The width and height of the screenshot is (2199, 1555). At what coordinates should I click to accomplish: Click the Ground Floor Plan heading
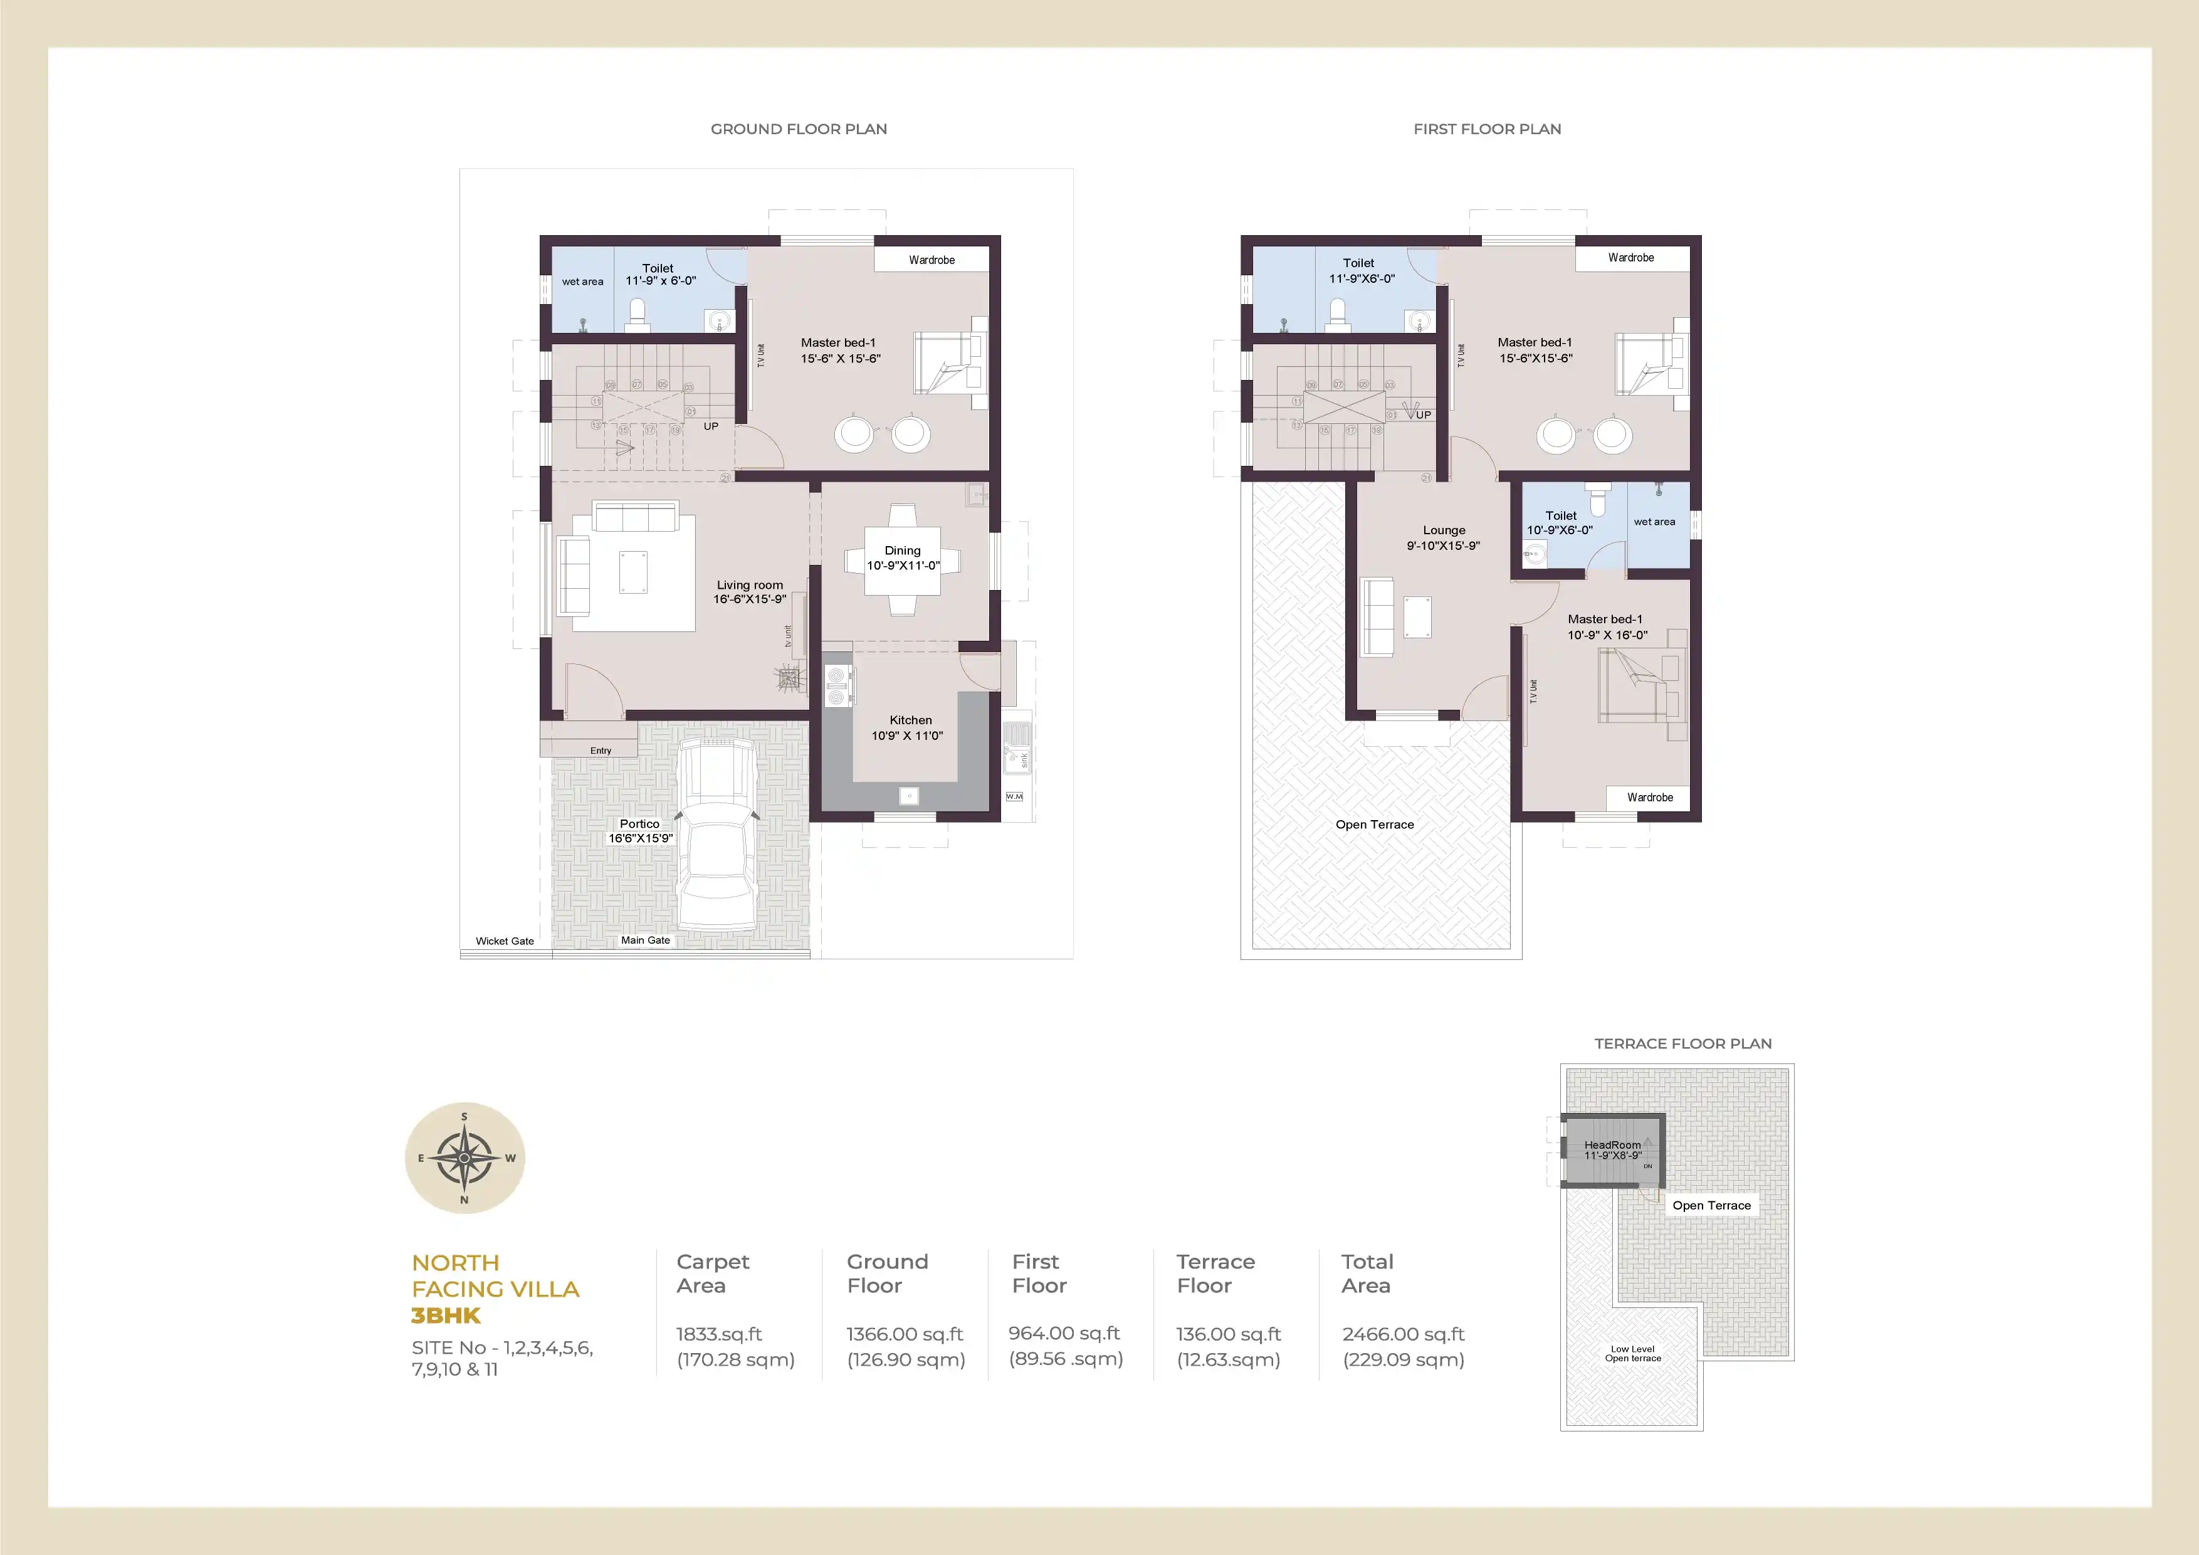coord(798,129)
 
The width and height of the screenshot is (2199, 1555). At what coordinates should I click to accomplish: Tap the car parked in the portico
coord(716,833)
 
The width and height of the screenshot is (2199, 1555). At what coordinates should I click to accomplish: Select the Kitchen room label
coord(910,720)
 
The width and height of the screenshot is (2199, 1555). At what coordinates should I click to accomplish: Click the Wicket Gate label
coord(505,941)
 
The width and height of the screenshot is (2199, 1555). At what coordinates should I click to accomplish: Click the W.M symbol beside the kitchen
coord(1014,796)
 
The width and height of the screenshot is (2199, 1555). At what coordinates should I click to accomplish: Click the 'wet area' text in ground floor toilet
coord(582,282)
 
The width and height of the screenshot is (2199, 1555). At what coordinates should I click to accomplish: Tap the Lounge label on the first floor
coord(1444,530)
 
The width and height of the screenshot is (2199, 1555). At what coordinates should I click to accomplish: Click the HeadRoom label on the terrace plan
coord(1612,1145)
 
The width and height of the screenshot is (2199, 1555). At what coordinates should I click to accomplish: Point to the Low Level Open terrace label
coord(1633,1354)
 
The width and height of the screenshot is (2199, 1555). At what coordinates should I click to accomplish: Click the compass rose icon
coord(464,1157)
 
